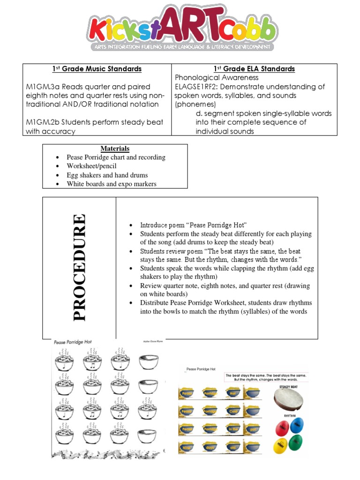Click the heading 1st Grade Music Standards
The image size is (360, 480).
[x=97, y=69]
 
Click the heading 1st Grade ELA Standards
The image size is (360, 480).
[x=254, y=69]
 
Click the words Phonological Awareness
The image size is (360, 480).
[x=217, y=78]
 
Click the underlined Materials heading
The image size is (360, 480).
[x=115, y=149]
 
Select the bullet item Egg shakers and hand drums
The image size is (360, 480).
[x=107, y=175]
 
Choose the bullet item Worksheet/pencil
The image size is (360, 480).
[x=91, y=166]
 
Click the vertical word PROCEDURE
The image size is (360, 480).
[x=79, y=267]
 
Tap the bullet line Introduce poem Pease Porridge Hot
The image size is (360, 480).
[x=193, y=225]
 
